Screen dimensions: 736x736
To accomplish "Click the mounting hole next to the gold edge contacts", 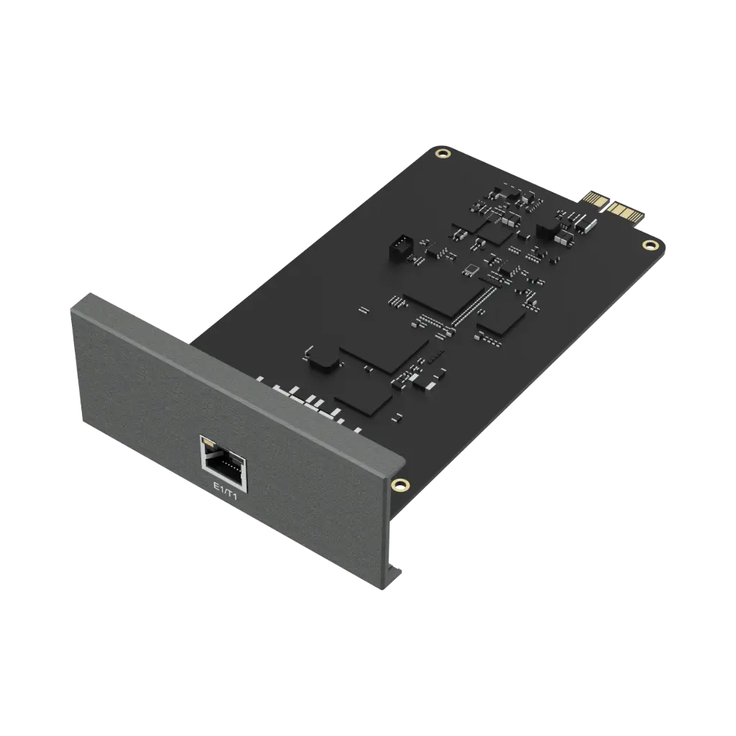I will point(649,245).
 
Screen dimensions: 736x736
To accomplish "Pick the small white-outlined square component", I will point(471,269).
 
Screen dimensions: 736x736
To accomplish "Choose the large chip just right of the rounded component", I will point(384,351).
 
